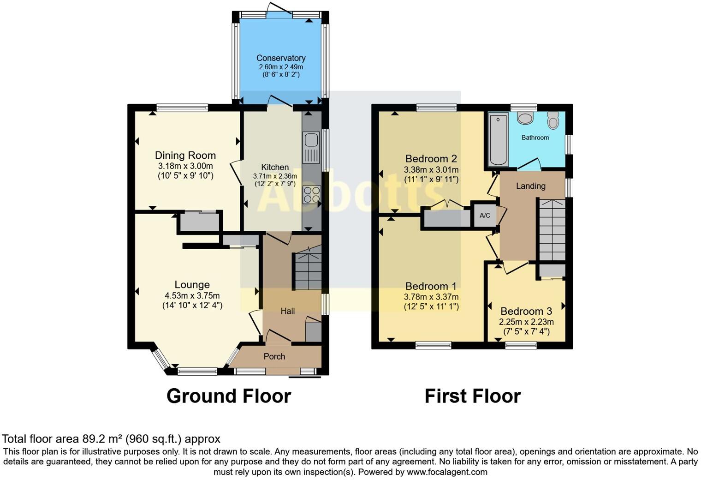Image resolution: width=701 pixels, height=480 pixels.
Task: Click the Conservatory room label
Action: [x=281, y=58]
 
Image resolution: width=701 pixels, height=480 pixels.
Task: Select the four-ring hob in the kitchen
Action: [x=312, y=194]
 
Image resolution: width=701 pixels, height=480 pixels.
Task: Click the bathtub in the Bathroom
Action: [x=498, y=139]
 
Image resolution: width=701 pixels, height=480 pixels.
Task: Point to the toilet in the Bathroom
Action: [x=553, y=120]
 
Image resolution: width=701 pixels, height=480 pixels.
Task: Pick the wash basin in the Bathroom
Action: [x=525, y=118]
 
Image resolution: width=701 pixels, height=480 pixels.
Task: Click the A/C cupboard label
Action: [x=485, y=216]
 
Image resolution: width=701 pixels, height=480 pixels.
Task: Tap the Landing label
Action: [x=530, y=186]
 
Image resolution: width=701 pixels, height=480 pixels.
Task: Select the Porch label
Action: [x=274, y=356]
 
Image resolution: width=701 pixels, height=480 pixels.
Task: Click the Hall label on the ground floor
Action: [x=288, y=311]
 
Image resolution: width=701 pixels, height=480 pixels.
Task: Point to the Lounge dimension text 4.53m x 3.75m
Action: [x=192, y=296]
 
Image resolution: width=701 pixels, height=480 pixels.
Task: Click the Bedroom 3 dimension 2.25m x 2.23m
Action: [x=526, y=322]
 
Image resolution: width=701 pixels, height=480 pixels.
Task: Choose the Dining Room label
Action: [x=185, y=156]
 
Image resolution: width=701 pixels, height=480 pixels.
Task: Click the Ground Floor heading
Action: [x=228, y=396]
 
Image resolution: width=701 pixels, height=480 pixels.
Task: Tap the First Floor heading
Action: [x=472, y=396]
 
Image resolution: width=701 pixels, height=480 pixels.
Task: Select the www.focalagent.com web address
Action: [x=447, y=472]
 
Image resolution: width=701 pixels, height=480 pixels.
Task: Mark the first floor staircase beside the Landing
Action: [x=552, y=230]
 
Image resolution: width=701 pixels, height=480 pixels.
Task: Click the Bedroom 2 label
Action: [x=431, y=159]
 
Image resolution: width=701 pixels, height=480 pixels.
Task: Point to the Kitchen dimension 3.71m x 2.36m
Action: [x=275, y=176]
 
